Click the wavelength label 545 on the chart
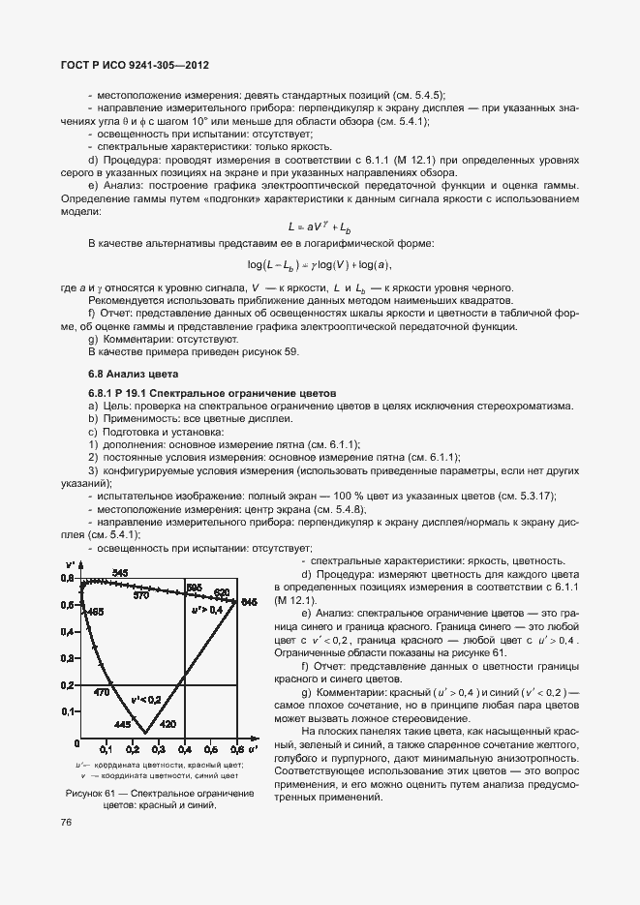[120, 573]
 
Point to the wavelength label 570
[141, 596]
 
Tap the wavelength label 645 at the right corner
[249, 603]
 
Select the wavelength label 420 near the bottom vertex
[168, 724]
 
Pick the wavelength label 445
[122, 724]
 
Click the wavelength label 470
[101, 693]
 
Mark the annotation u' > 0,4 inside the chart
[206, 611]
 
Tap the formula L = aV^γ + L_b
[319, 226]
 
